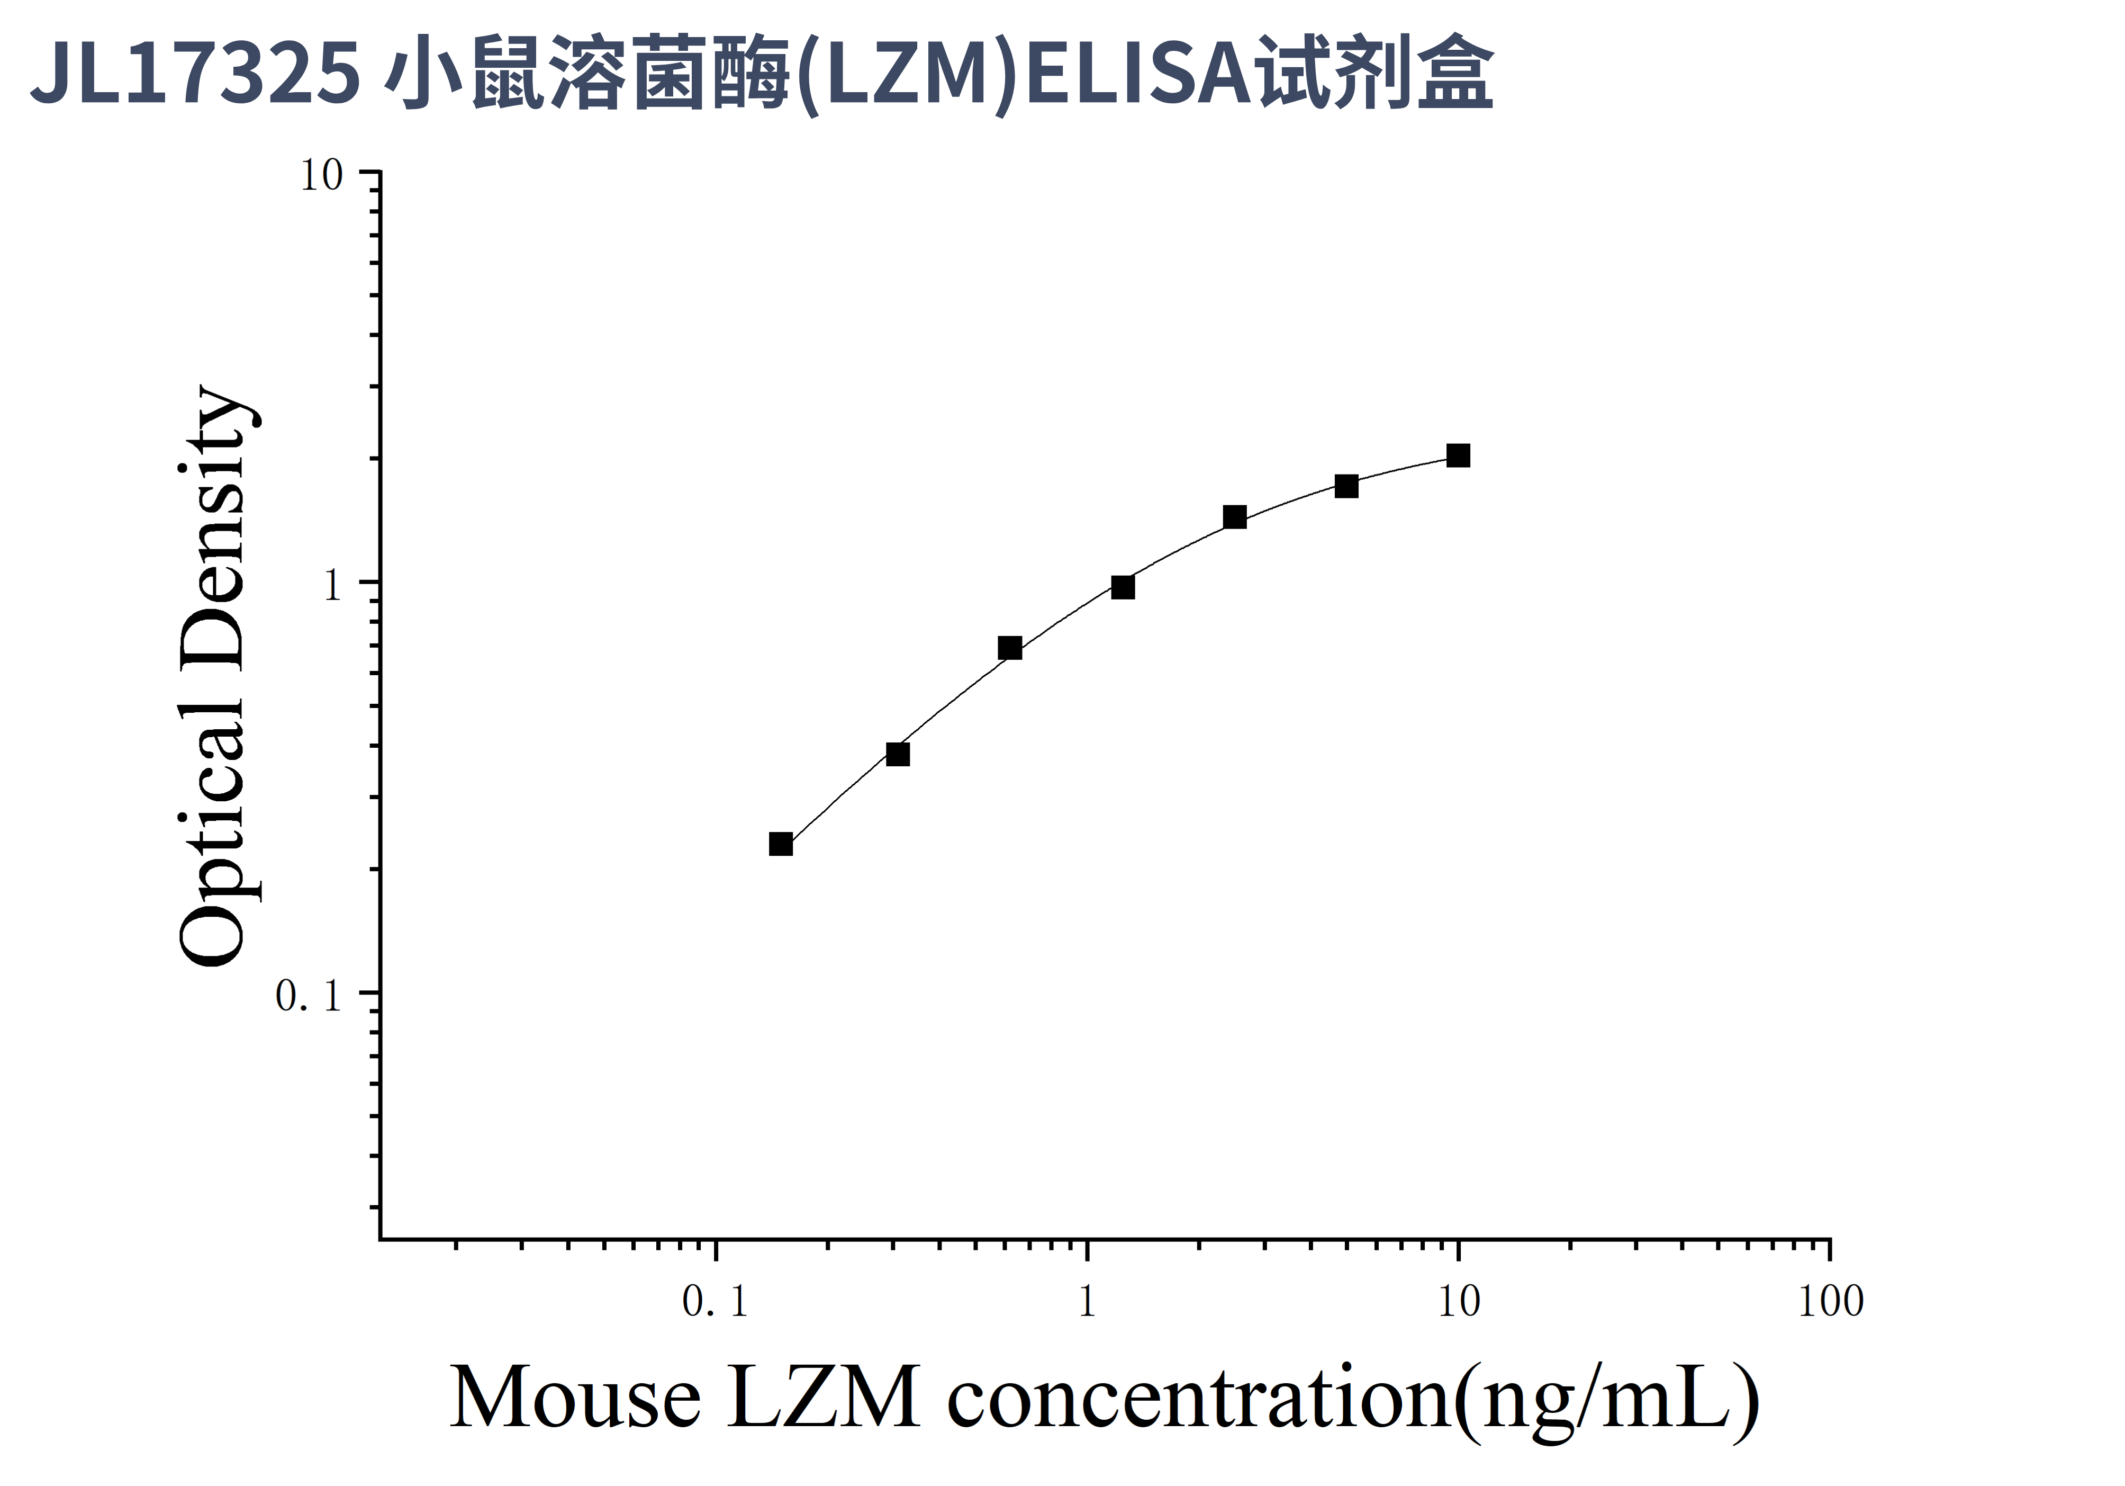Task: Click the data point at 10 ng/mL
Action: pyautogui.click(x=1458, y=455)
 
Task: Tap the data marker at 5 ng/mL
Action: pyautogui.click(x=1346, y=486)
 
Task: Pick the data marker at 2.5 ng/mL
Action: pyautogui.click(x=1235, y=517)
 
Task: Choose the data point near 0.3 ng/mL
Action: pyautogui.click(x=898, y=755)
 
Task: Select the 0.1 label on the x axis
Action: pyautogui.click(x=715, y=1302)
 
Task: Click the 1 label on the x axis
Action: pyautogui.click(x=1087, y=1302)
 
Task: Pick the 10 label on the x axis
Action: pyautogui.click(x=1459, y=1302)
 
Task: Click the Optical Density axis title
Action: pyautogui.click(x=213, y=676)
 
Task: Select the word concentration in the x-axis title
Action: pyautogui.click(x=1199, y=1398)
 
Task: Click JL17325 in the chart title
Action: pyautogui.click(x=194, y=72)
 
